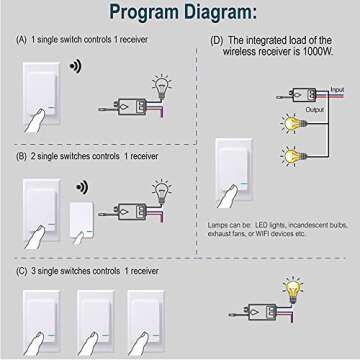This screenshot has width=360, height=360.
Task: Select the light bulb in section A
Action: [x=159, y=85]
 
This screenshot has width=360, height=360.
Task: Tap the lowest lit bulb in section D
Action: [x=291, y=156]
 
